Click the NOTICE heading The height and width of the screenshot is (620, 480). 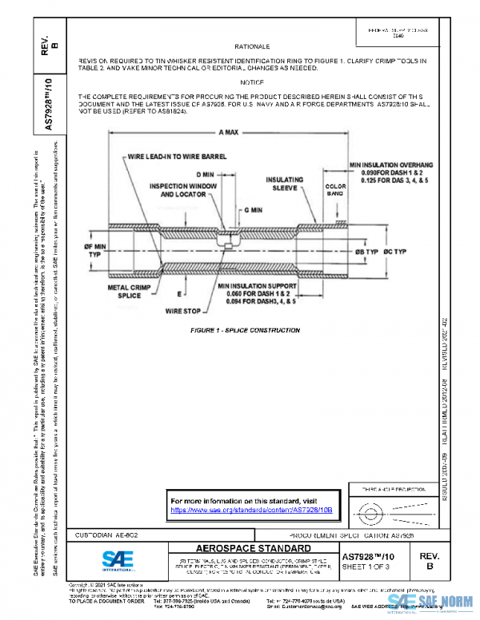pos(251,82)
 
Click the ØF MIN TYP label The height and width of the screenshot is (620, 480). pos(95,252)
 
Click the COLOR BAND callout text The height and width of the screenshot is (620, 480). pos(334,190)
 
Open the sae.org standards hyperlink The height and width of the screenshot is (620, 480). pos(251,509)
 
